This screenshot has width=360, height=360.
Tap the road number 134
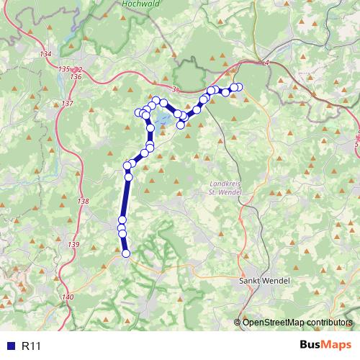point(46,55)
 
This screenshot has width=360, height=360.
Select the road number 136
point(76,76)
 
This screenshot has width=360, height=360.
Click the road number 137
point(68,104)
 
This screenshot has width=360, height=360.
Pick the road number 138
point(84,202)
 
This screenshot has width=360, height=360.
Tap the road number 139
point(74,246)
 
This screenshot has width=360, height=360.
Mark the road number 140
point(68,297)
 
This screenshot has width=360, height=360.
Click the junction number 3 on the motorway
point(174,89)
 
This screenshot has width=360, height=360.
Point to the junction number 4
point(266,63)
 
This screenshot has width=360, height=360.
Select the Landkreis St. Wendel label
point(222,188)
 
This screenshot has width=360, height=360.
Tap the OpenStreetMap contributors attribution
point(297,322)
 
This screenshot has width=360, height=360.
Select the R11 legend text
point(31,346)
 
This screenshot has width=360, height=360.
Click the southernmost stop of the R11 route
point(126,253)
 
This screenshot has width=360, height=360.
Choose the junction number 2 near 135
point(79,69)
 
